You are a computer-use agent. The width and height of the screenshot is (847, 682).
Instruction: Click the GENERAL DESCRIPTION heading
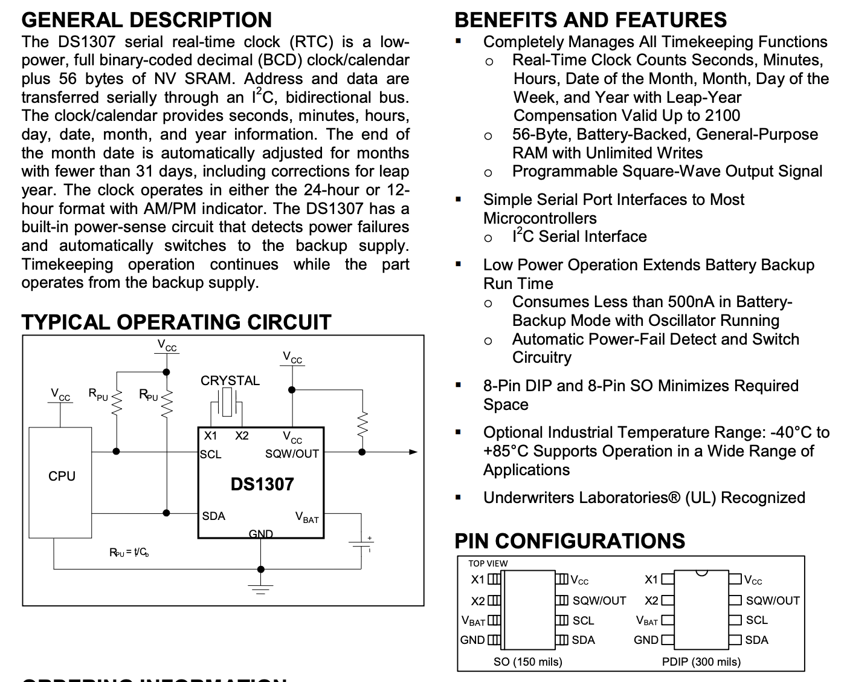[x=147, y=20]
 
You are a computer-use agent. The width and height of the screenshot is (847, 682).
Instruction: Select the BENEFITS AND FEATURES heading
[x=590, y=20]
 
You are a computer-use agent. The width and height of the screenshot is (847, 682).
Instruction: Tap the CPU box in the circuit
[x=61, y=476]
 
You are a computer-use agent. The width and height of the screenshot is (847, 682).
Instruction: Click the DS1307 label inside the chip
[x=262, y=484]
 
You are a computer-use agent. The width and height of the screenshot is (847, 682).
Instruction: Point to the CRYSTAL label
[x=230, y=381]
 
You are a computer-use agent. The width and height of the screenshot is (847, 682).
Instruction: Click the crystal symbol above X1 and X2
[x=227, y=402]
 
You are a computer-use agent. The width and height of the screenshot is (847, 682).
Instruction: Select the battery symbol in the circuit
[x=361, y=544]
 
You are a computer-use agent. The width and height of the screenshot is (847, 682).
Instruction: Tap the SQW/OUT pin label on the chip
[x=292, y=454]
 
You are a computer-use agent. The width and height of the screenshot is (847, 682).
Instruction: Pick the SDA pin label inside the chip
[x=213, y=516]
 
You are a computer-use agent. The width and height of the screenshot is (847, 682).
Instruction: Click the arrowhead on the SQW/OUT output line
[x=413, y=452]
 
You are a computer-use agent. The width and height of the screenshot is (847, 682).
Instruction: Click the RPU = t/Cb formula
[x=129, y=552]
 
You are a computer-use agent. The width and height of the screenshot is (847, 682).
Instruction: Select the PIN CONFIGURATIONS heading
[x=570, y=541]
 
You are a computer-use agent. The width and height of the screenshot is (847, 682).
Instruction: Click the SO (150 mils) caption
[x=527, y=661]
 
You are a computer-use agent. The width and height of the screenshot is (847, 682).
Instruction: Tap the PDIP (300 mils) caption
[x=701, y=661]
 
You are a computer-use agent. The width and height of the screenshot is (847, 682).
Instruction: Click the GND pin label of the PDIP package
[x=646, y=640]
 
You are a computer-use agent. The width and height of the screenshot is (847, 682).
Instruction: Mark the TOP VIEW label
[x=488, y=563]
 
